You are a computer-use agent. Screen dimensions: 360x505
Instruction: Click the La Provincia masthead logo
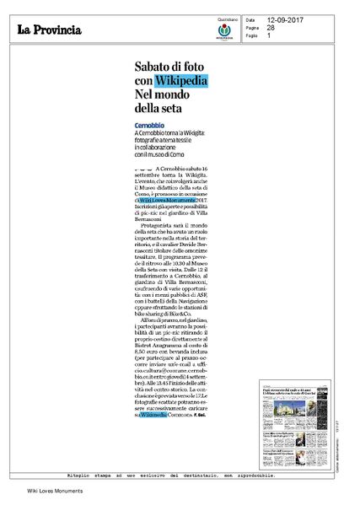[51, 30]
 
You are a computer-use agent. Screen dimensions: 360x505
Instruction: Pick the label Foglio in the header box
[252, 35]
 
